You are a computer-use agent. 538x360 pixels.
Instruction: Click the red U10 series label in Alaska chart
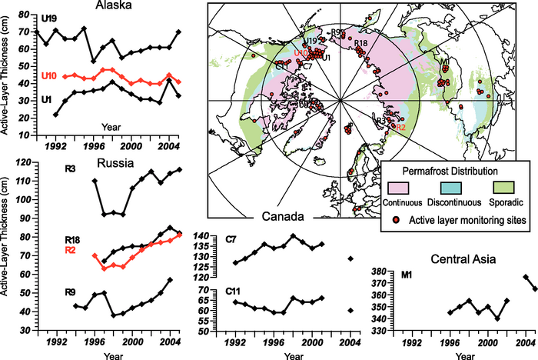[x=49, y=75]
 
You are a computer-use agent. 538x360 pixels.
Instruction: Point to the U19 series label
[x=48, y=16]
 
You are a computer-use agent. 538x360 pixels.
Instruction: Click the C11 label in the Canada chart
[x=234, y=292]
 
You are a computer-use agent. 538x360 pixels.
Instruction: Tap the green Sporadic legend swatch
[x=503, y=188]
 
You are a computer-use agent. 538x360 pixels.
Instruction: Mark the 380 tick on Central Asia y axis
[x=383, y=272]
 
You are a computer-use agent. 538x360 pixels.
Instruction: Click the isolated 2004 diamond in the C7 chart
[x=351, y=259]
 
